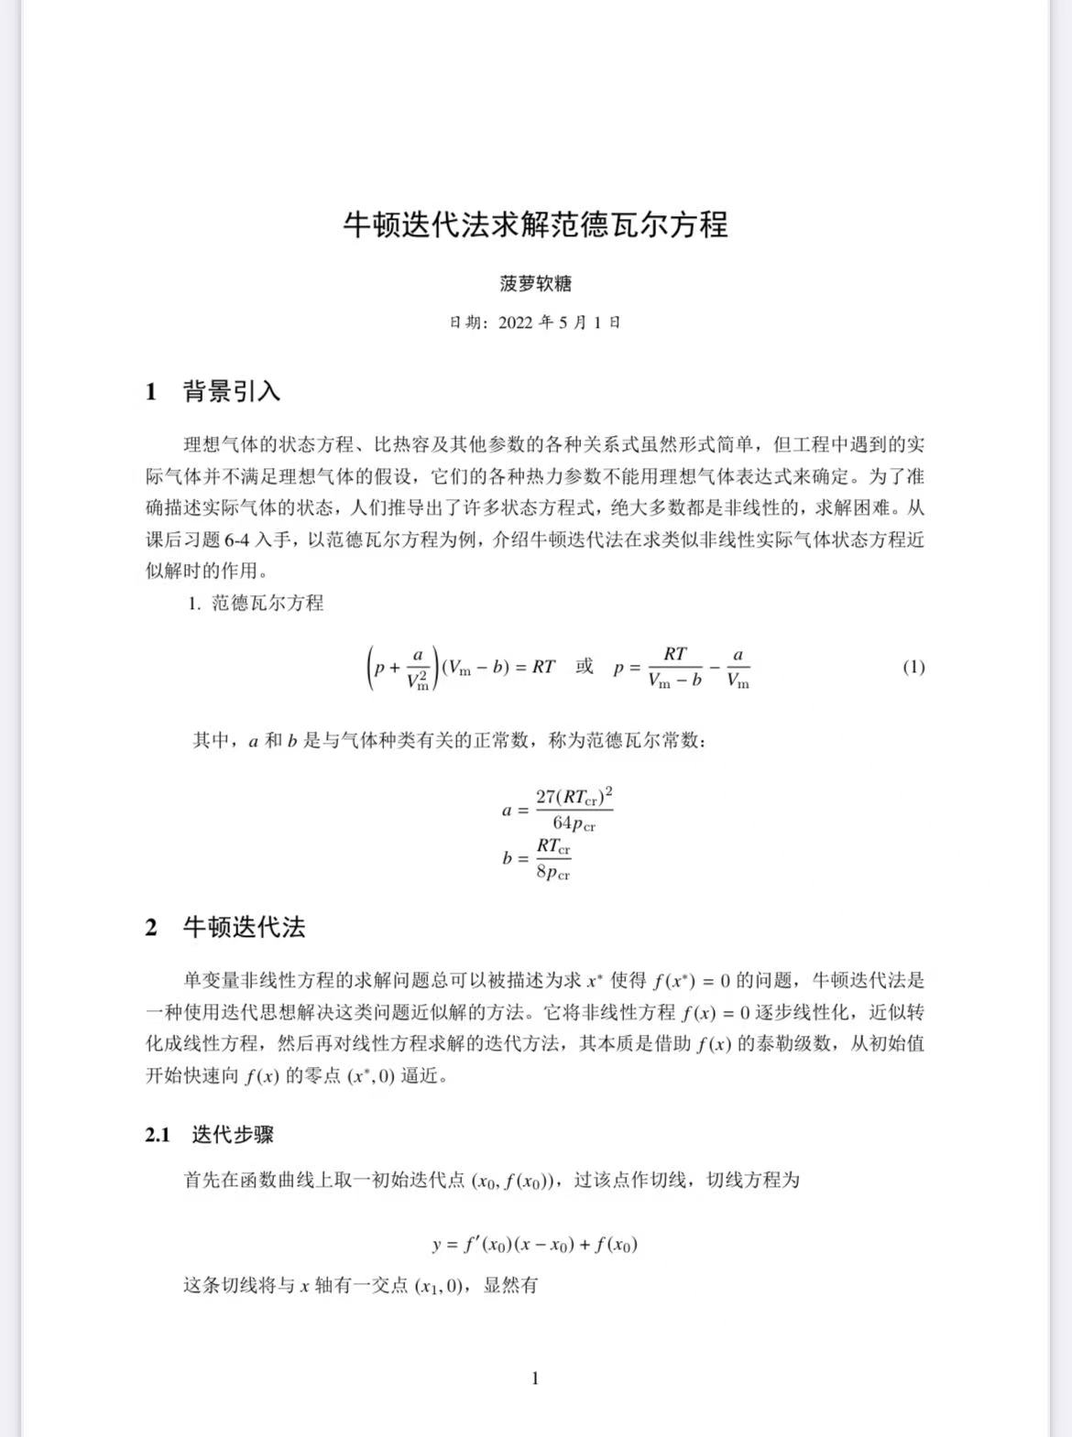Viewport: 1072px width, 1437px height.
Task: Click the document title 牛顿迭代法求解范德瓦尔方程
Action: pyautogui.click(x=535, y=224)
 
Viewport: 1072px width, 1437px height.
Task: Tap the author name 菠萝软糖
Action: pyautogui.click(x=535, y=284)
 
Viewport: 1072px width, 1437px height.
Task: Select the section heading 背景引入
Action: pyautogui.click(x=232, y=392)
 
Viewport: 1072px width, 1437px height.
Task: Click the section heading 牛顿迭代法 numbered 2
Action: pyautogui.click(x=244, y=928)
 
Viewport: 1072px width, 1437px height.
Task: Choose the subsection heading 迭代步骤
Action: pyautogui.click(x=233, y=1135)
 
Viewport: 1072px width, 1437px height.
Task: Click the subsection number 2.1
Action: pyautogui.click(x=158, y=1135)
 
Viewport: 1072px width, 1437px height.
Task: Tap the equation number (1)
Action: pyautogui.click(x=913, y=667)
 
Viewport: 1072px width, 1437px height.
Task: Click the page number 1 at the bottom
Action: pyautogui.click(x=535, y=1378)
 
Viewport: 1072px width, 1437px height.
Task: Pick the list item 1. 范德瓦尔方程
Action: pyautogui.click(x=256, y=603)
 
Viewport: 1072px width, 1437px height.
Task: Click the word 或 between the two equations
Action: pyautogui.click(x=585, y=666)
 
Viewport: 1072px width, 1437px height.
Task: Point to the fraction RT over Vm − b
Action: pyautogui.click(x=674, y=667)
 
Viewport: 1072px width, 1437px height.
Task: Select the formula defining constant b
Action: pyautogui.click(x=537, y=858)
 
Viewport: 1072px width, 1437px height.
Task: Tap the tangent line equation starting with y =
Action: pyautogui.click(x=535, y=1244)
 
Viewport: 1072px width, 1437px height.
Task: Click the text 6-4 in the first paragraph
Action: pyautogui.click(x=236, y=539)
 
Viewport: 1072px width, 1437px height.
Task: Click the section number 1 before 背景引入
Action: pyautogui.click(x=151, y=392)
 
